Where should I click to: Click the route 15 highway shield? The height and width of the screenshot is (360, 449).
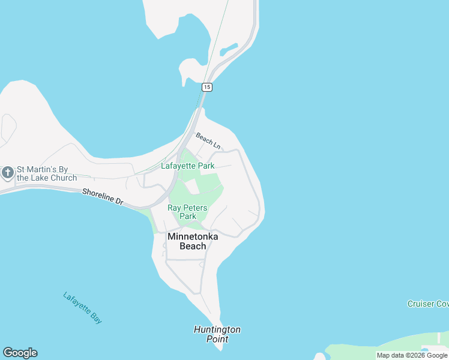(206, 87)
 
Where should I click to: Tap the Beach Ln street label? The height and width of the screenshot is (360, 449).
(208, 141)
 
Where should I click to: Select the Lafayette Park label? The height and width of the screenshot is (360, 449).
(187, 166)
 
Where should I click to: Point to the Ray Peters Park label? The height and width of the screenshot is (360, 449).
(187, 212)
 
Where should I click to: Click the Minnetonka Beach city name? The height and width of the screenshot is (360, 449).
(193, 241)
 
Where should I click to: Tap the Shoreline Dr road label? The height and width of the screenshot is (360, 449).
(103, 197)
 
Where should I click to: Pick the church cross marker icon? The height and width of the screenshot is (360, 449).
(7, 173)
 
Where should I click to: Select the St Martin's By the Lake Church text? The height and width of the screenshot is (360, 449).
(47, 173)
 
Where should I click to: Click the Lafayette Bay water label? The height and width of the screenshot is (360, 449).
(82, 308)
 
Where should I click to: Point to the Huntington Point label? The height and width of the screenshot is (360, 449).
(217, 334)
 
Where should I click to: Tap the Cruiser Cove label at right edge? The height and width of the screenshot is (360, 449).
(427, 304)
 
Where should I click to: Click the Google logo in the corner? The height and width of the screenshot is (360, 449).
(20, 353)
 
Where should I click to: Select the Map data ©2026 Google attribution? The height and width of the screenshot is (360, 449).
(412, 355)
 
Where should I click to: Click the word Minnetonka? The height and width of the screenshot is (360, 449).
(193, 236)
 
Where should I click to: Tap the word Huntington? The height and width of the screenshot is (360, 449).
(217, 329)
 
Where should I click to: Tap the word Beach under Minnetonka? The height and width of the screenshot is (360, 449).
(193, 246)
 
